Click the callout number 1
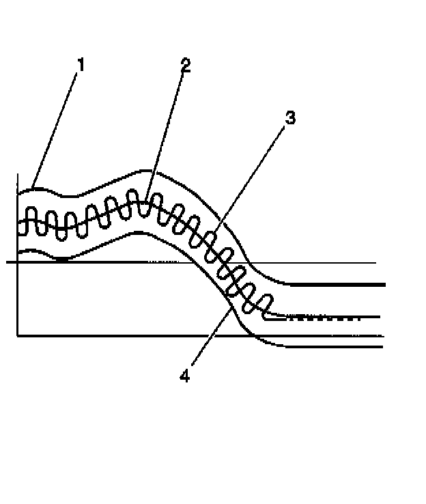[x=81, y=65]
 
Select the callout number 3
[x=290, y=117]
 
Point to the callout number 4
[x=184, y=376]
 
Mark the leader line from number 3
[x=252, y=178]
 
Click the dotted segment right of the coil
[x=321, y=318]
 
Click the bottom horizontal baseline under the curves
[x=137, y=336]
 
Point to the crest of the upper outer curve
[x=143, y=170]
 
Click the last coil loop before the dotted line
[x=267, y=305]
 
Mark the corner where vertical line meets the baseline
[x=18, y=336]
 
